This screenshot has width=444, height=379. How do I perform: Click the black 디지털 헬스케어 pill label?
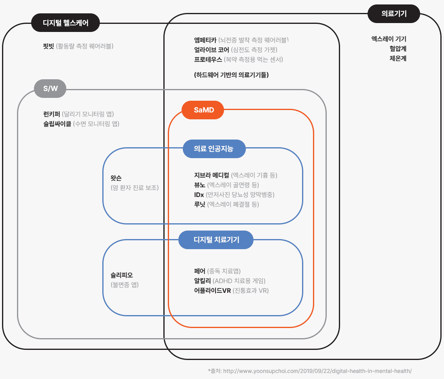tap(66, 23)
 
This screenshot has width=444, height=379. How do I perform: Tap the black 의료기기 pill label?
tap(394, 14)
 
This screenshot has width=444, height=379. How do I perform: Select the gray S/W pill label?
tap(50, 89)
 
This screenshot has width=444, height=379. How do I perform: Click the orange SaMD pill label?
tap(203, 110)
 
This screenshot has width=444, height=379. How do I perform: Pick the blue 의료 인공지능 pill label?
tap(214, 149)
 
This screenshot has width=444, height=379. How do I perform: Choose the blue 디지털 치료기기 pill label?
tap(216, 240)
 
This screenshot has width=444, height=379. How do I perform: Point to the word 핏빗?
tap(49, 46)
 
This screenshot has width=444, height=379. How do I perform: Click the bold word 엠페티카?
tap(205, 40)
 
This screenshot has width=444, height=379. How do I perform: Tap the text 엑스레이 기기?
tap(389, 39)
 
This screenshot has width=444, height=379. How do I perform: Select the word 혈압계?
tap(398, 49)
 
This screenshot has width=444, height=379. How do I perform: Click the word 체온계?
tap(398, 58)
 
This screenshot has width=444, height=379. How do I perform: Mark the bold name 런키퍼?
tap(52, 114)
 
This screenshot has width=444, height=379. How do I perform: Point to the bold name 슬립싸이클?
tap(57, 124)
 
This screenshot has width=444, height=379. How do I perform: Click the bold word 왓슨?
tap(116, 178)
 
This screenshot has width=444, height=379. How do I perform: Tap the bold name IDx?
tap(199, 195)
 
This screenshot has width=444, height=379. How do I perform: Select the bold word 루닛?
tap(200, 204)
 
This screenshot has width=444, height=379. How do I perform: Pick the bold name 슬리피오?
tap(121, 275)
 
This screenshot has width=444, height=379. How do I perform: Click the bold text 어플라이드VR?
tap(212, 290)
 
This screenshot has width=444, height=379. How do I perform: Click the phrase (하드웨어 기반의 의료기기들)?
tap(231, 75)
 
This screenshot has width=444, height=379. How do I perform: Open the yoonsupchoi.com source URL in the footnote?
tap(317, 371)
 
